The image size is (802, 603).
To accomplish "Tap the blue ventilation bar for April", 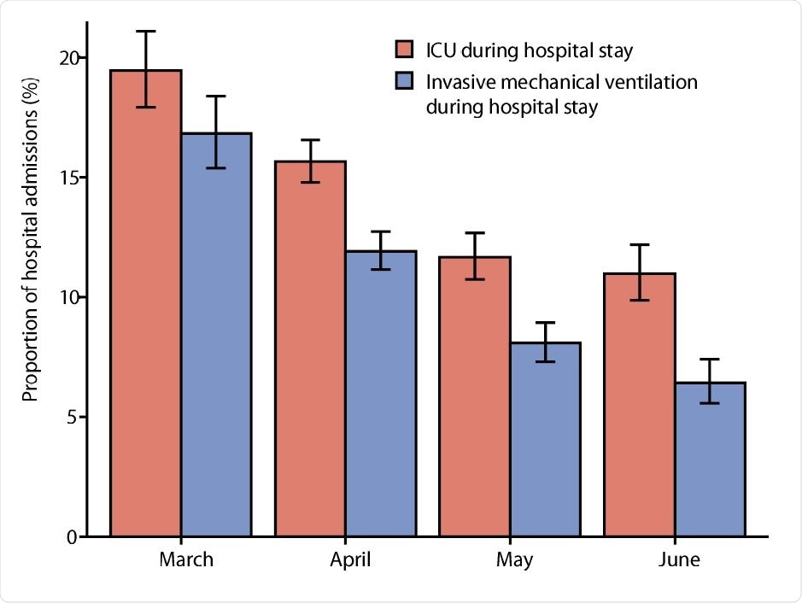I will (x=380, y=394).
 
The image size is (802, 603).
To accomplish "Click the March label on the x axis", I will (x=186, y=560).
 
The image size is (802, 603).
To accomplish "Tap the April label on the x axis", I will (x=350, y=560).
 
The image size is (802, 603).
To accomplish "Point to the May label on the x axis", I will (x=513, y=560).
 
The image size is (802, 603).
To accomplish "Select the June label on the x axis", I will (x=679, y=560).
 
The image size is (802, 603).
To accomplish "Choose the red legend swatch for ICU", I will (x=403, y=50).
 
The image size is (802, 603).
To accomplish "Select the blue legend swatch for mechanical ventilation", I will (x=403, y=82).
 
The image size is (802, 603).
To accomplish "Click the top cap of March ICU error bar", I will (x=145, y=32).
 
